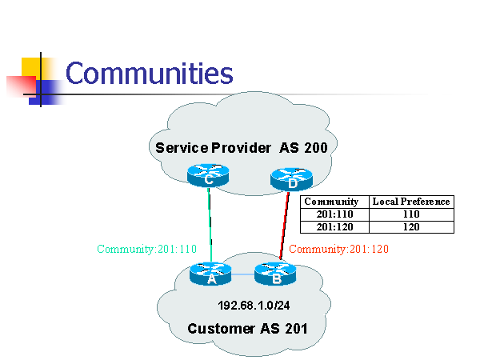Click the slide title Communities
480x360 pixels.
tap(149, 73)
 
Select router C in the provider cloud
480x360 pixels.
tap(208, 175)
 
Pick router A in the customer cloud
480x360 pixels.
tap(211, 274)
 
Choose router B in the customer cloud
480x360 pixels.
tap(275, 274)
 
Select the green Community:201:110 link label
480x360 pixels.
tap(146, 249)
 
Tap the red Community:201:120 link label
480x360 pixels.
tap(338, 249)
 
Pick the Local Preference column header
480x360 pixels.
tap(411, 202)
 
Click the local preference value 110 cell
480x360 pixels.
tap(411, 214)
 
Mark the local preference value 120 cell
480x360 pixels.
tap(411, 226)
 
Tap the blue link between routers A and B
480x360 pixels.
tap(243, 274)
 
